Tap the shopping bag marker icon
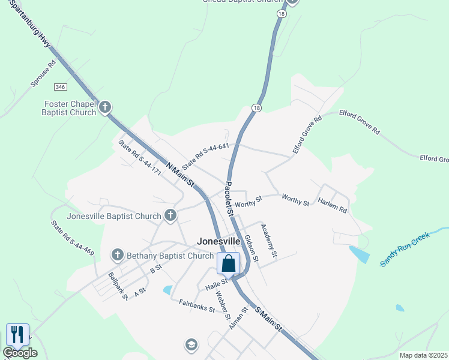pyautogui.click(x=229, y=263)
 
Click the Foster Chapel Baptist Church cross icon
pyautogui.click(x=105, y=107)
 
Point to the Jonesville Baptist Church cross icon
pyautogui.click(x=170, y=215)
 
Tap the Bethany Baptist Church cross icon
pyautogui.click(x=118, y=256)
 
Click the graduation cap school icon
pyautogui.click(x=191, y=344)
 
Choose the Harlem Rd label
pyautogui.click(x=333, y=205)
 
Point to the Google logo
pyautogui.click(x=20, y=353)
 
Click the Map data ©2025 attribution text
pyautogui.click(x=423, y=355)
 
